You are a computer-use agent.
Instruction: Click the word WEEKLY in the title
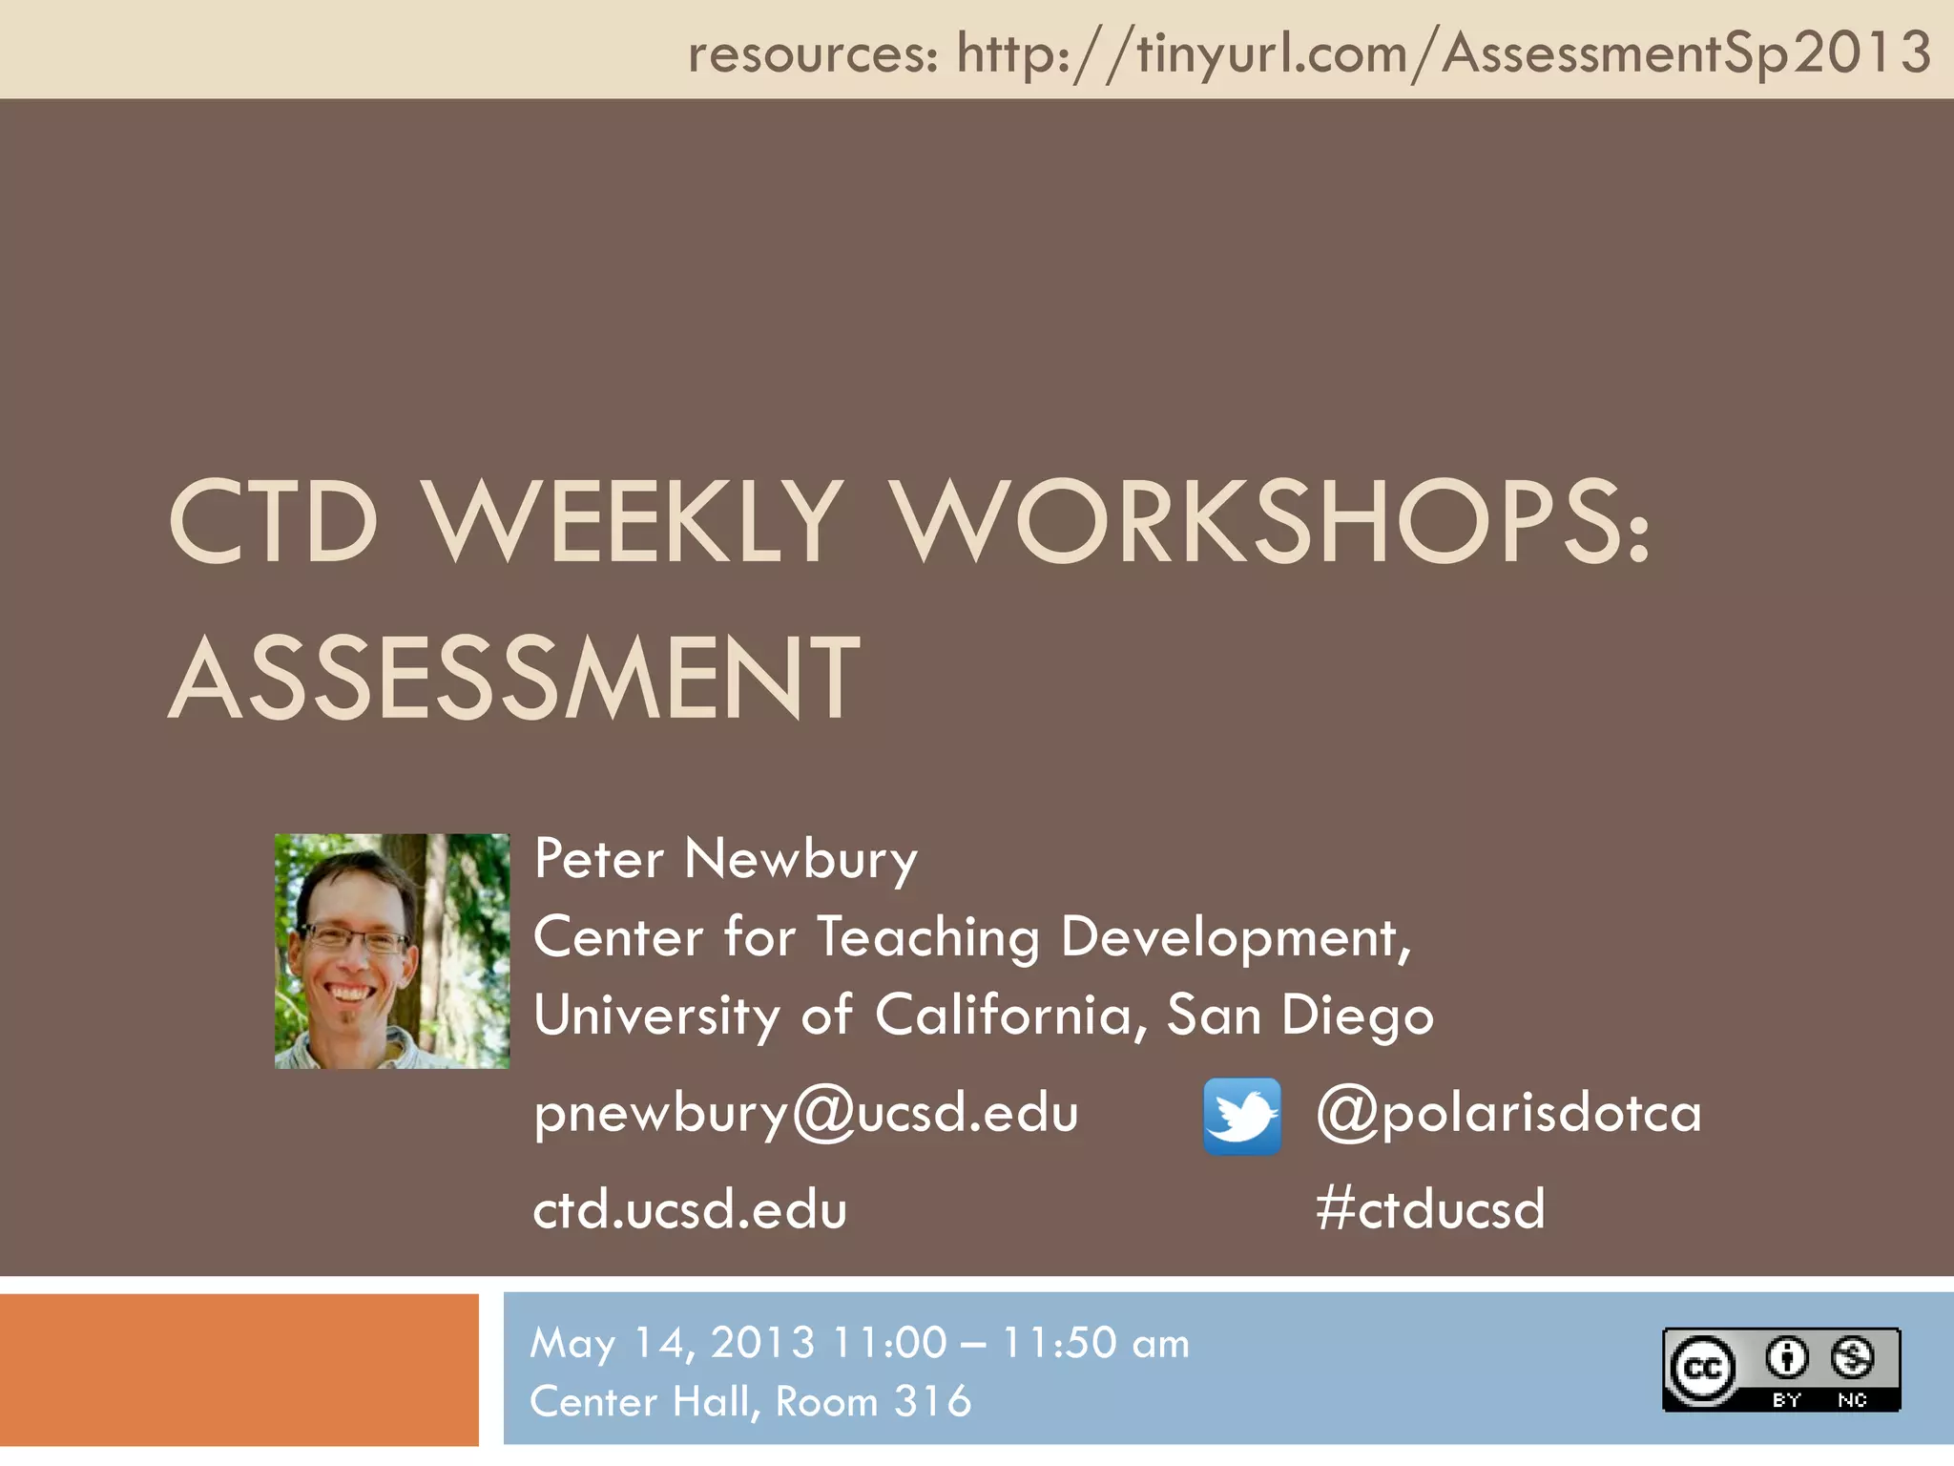coord(633,522)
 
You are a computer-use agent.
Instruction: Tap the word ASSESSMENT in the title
coord(515,679)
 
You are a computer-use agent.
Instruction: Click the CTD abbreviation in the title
coord(274,522)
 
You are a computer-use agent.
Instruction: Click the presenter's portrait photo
coord(392,951)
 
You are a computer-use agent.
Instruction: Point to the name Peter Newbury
coord(725,859)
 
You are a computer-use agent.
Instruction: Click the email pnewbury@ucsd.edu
coord(806,1113)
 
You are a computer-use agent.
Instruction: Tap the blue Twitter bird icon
coord(1242,1117)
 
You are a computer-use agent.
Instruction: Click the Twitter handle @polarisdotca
coord(1508,1113)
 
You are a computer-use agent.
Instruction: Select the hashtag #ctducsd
coord(1429,1208)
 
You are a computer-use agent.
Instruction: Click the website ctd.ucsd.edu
coord(690,1208)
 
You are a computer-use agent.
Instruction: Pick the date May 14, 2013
coord(673,1343)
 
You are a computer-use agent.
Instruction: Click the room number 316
coord(932,1401)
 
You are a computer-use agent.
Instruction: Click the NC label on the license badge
coord(1852,1400)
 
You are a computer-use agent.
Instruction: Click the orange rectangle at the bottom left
coord(239,1370)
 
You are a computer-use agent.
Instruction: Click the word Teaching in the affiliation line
coord(927,937)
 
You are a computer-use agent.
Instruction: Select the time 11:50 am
coord(1095,1343)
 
